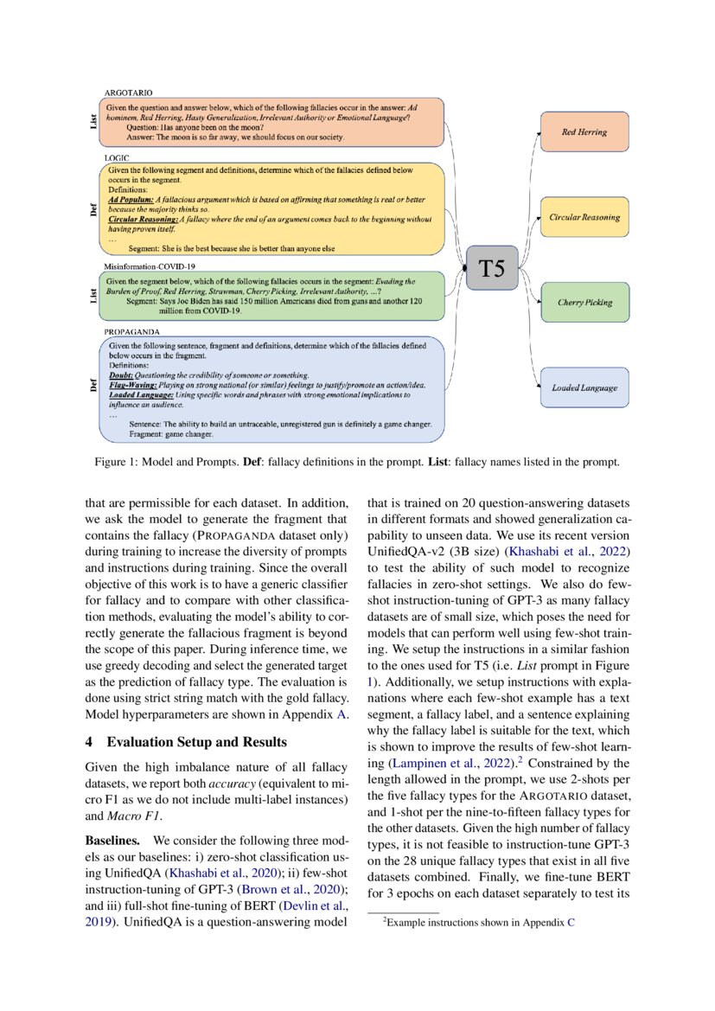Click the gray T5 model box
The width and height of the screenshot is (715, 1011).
coord(492,267)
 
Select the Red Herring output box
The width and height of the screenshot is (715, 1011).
coord(584,132)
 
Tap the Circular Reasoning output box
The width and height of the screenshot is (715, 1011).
coord(584,217)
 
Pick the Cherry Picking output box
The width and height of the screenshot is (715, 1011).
coord(584,303)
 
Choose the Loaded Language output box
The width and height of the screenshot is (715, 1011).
coord(584,387)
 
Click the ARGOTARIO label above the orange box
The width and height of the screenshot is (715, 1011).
coord(131,92)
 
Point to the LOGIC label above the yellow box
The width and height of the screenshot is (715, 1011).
coord(117,159)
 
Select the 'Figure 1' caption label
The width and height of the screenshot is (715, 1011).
coord(119,463)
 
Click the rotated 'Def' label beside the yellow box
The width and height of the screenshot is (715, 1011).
coord(93,209)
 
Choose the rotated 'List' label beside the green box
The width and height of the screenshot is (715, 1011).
coord(93,296)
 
